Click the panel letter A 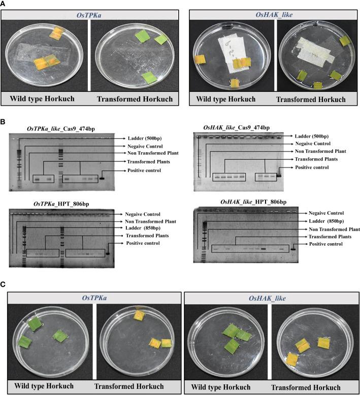[x=3, y=4]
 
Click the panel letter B [x=3, y=122]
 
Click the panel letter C [x=3, y=284]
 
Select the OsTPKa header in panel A [x=89, y=15]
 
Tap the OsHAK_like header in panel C [x=267, y=298]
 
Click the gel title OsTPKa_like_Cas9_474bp [x=61, y=129]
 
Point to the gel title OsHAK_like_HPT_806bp [x=253, y=202]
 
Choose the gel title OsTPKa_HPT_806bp [x=61, y=204]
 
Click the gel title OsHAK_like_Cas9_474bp [x=236, y=128]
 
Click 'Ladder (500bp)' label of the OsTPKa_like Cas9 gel [x=145, y=138]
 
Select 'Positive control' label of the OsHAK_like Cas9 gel [x=312, y=167]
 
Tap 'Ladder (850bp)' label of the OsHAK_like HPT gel [x=326, y=221]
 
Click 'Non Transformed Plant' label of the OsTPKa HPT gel [x=151, y=221]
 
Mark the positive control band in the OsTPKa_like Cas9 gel [x=102, y=179]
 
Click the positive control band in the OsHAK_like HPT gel [x=293, y=249]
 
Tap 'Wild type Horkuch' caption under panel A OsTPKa [x=42, y=98]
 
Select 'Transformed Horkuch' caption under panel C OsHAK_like [x=306, y=387]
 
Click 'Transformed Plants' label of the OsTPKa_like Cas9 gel [x=149, y=162]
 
